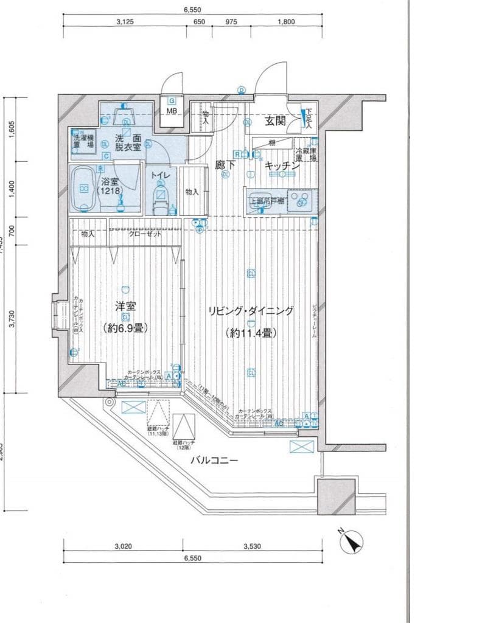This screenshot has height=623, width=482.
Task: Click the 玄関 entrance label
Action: (x=275, y=120)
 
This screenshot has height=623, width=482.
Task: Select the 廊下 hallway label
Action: (x=226, y=164)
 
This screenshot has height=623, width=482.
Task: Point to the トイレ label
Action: (x=161, y=175)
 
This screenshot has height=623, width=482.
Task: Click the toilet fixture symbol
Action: (x=161, y=198)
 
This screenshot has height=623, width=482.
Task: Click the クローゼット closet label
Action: (x=145, y=234)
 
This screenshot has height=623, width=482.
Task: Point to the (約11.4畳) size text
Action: (x=251, y=333)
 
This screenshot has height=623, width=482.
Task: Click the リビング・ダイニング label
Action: (x=251, y=311)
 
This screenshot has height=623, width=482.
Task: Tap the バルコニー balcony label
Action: (x=214, y=461)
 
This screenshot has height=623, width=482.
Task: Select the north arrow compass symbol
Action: (x=351, y=540)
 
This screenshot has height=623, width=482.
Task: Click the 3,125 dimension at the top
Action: (x=124, y=21)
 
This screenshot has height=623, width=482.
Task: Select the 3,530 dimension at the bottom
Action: (x=251, y=546)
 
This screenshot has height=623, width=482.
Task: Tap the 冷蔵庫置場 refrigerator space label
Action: (x=306, y=154)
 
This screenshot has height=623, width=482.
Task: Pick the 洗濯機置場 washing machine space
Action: (x=82, y=142)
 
